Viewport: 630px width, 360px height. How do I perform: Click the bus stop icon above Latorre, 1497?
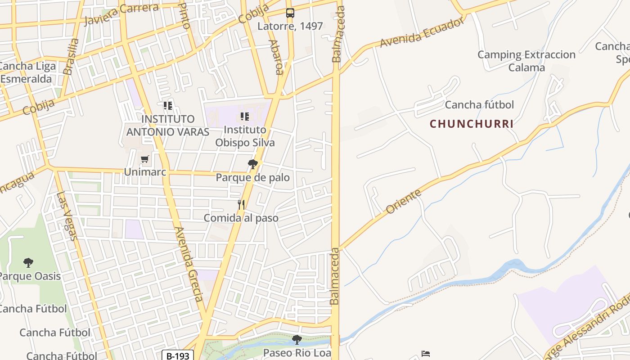click(x=290, y=13)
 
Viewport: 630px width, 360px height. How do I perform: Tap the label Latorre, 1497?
click(x=290, y=26)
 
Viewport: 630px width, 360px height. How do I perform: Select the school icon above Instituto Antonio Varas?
click(x=168, y=106)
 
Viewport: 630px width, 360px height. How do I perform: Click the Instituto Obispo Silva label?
click(x=245, y=136)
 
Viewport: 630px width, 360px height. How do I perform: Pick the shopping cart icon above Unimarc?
click(x=144, y=159)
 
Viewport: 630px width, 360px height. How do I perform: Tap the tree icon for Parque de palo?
click(x=253, y=164)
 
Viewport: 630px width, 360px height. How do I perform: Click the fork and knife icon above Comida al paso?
click(x=241, y=205)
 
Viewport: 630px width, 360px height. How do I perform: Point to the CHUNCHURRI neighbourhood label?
click(x=472, y=124)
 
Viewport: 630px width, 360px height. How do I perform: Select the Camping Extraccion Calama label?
click(x=526, y=61)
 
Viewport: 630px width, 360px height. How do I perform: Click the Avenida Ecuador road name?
click(x=421, y=32)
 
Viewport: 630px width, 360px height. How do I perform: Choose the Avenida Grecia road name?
click(x=189, y=264)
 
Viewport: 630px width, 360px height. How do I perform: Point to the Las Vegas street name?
click(x=67, y=216)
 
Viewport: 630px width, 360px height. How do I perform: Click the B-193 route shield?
click(x=178, y=356)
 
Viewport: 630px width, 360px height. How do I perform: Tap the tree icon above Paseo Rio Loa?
click(x=297, y=339)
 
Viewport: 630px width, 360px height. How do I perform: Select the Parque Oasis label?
click(x=29, y=276)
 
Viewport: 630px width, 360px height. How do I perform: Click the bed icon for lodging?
click(x=426, y=354)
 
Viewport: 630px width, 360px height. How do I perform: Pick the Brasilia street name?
click(x=71, y=56)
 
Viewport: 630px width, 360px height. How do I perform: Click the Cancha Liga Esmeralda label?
click(x=28, y=72)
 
